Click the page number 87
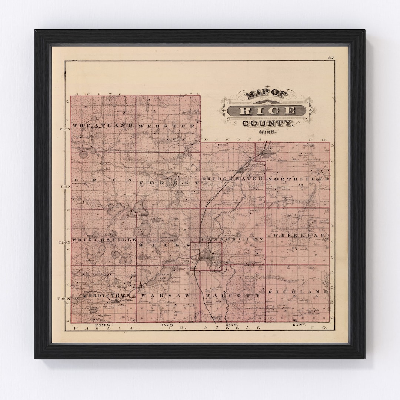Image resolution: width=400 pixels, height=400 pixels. tap(331, 57)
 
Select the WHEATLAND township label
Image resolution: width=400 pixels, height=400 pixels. tap(103, 126)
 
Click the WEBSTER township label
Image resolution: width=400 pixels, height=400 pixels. tap(167, 126)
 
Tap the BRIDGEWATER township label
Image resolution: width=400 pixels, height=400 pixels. tap(232, 179)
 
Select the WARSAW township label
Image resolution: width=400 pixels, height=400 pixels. tap(165, 296)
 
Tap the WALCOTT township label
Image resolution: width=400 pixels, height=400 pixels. tap(233, 296)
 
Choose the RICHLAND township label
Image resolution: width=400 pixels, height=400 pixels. tap(299, 292)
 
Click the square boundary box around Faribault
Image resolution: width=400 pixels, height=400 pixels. tap(206, 256)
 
